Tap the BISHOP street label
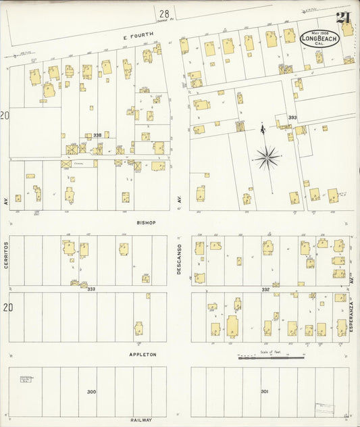(x=145, y=222)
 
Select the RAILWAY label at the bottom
(x=142, y=420)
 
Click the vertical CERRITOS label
(x=6, y=255)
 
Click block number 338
(x=97, y=135)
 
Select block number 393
(x=292, y=118)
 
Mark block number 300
(x=91, y=392)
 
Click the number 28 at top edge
(x=164, y=13)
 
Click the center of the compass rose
(x=268, y=157)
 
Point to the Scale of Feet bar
(x=269, y=357)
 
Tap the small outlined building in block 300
(x=26, y=380)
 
